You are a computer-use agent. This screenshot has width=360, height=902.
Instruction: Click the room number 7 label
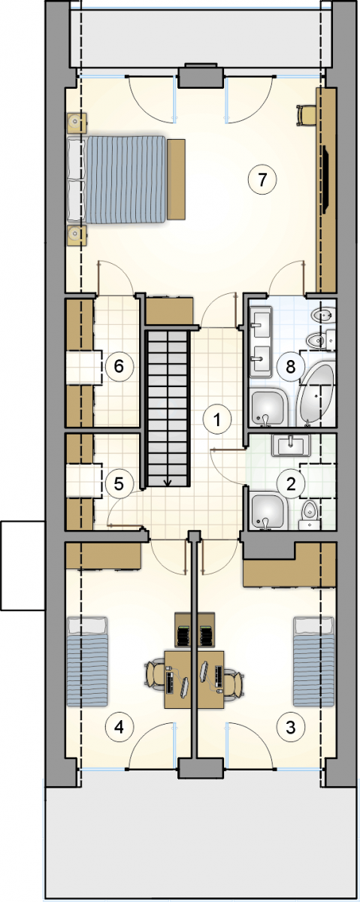click(x=262, y=180)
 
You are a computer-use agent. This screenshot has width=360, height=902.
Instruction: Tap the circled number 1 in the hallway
click(x=217, y=420)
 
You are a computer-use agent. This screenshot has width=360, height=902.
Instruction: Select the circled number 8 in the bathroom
click(x=290, y=367)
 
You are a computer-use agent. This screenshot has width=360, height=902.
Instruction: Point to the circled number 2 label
click(x=291, y=484)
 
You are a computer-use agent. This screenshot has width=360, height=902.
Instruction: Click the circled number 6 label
click(x=119, y=367)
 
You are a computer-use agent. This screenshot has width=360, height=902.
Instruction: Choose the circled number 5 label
click(x=119, y=483)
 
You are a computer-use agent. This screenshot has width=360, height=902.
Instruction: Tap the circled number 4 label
click(x=119, y=728)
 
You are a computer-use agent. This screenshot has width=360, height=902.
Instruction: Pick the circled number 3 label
click(x=290, y=728)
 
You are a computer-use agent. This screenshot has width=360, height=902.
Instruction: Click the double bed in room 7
click(x=116, y=180)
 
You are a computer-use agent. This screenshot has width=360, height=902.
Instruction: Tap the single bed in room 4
click(x=87, y=662)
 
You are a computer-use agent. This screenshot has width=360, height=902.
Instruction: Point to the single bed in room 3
click(x=313, y=662)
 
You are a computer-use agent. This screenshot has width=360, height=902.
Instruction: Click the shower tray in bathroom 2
click(x=268, y=510)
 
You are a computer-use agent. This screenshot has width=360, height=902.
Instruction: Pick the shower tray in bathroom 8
click(x=268, y=407)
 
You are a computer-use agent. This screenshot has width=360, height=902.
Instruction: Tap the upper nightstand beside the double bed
click(x=77, y=123)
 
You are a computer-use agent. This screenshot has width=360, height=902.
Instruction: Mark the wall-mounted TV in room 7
click(x=325, y=179)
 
